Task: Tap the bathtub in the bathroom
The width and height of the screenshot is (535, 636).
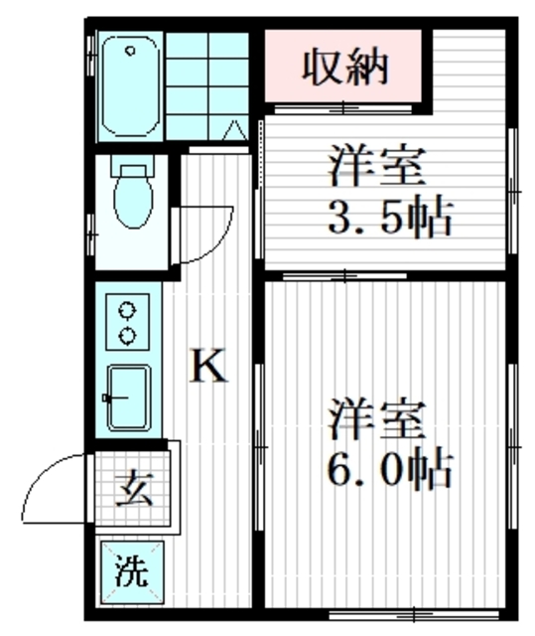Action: (130, 87)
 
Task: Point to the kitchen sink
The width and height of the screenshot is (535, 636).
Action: (128, 397)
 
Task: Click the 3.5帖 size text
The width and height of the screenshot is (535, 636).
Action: (389, 217)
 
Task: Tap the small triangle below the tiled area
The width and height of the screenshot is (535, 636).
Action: (234, 129)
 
